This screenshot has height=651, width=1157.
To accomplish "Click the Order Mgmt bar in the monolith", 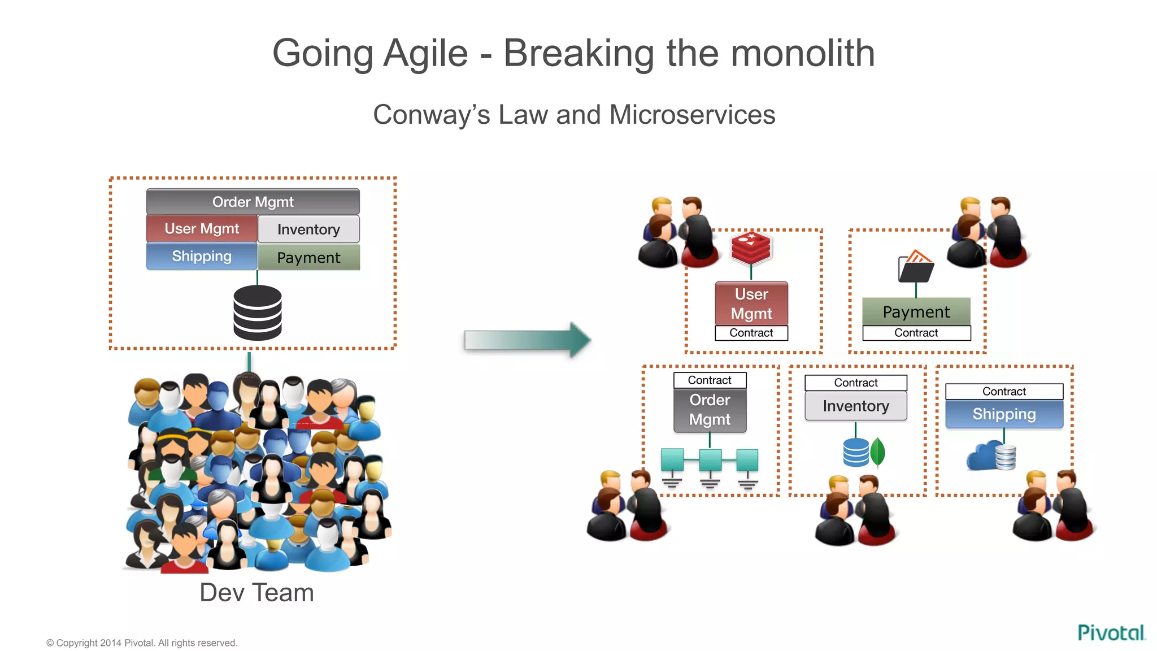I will point(253,202).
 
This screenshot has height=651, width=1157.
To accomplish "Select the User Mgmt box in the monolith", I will point(202,229).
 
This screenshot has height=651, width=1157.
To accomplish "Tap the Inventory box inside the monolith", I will point(308,229).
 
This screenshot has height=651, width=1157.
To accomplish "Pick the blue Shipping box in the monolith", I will point(202,256).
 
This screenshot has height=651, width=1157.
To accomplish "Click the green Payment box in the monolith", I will point(308,258).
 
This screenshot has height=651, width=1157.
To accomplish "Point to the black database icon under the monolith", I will point(258,313).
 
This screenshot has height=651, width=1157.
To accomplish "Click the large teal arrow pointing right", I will point(527,340).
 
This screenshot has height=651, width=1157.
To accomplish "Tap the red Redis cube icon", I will point(751,247).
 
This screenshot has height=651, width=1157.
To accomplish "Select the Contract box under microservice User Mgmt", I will point(751,333).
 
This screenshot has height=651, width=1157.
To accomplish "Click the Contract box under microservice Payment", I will point(916,333).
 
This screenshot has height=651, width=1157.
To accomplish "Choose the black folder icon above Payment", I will point(916,267).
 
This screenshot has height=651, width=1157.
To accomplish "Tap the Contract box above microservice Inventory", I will point(855,383).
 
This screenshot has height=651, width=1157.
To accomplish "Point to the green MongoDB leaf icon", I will point(877,452).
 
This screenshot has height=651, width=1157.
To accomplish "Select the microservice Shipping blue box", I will point(1004,414).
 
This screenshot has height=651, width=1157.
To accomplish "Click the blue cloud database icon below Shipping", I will point(991,456).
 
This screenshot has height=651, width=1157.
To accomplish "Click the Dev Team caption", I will point(256,593).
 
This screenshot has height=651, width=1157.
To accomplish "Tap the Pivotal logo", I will point(1111,632).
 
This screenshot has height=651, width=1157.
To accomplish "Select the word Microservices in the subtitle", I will point(692,115).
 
